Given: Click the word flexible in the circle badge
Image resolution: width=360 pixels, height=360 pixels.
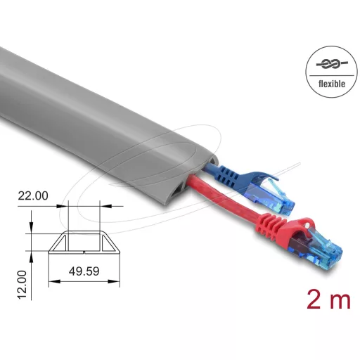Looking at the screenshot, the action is click(x=332, y=84).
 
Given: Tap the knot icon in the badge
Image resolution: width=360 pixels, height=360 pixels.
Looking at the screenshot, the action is click(x=332, y=64).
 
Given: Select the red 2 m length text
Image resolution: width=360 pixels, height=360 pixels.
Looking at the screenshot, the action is click(x=328, y=300).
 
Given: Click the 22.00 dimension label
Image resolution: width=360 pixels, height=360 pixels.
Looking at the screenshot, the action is click(x=33, y=195).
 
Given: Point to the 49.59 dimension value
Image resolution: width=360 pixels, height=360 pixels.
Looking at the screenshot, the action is click(x=84, y=271).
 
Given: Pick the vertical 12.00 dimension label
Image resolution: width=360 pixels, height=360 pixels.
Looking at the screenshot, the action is click(x=22, y=285).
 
